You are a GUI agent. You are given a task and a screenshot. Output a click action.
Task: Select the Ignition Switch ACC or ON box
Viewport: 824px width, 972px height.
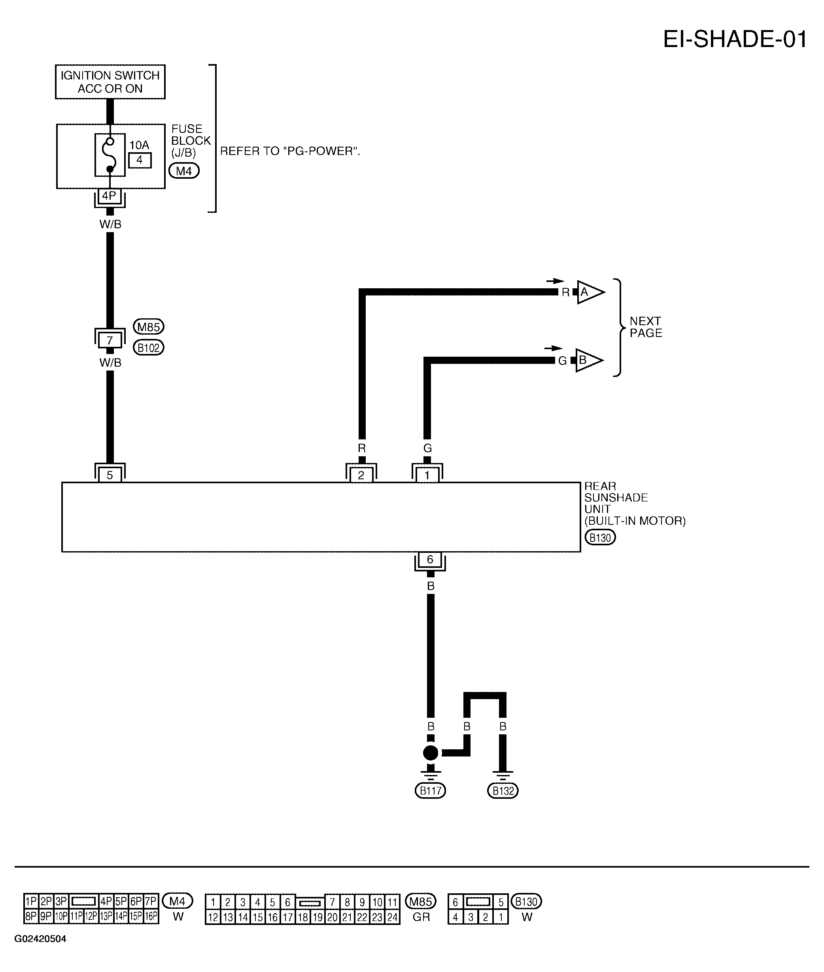(x=110, y=82)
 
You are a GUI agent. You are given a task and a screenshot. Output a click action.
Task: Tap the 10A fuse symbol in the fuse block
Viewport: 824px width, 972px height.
(x=110, y=155)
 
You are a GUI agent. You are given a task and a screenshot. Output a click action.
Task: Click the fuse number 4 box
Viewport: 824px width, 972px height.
(x=140, y=160)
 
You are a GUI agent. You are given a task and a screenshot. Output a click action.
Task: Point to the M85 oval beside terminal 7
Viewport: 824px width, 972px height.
(x=149, y=327)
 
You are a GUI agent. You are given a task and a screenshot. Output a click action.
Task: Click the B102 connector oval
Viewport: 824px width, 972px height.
(x=149, y=348)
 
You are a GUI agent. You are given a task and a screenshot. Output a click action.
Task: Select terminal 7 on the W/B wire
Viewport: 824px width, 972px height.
(x=110, y=340)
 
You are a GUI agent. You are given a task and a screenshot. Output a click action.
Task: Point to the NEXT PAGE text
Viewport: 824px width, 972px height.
(x=646, y=327)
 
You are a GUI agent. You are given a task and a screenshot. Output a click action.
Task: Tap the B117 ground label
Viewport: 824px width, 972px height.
(x=430, y=791)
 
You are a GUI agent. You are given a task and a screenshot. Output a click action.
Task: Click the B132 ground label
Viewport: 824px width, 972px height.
(x=503, y=791)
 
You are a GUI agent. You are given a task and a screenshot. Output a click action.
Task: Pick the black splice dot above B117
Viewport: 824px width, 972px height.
(x=430, y=753)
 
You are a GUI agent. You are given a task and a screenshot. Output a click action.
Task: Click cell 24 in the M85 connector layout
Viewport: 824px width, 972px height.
(x=392, y=917)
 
